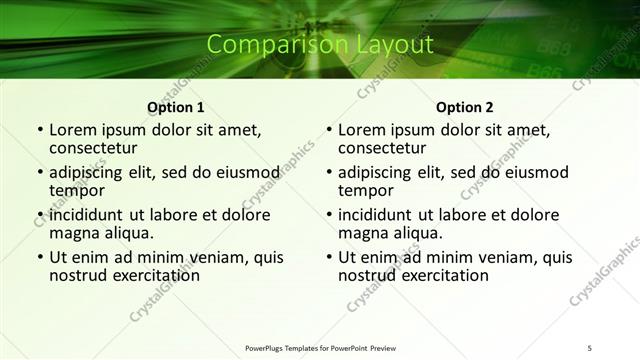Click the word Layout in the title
pyautogui.click(x=395, y=45)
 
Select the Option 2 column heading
pyautogui.click(x=464, y=107)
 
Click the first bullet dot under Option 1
pyautogui.click(x=39, y=130)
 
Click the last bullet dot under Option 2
pyautogui.click(x=328, y=257)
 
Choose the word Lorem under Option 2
pyautogui.click(x=361, y=129)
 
